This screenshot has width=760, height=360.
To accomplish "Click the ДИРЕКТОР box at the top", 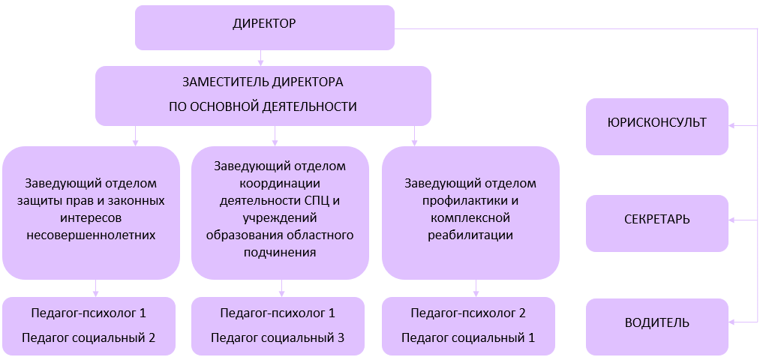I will point(264,27).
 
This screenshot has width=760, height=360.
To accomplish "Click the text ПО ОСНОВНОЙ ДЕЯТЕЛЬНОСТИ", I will point(263,106).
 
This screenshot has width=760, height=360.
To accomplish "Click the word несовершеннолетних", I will point(91,235).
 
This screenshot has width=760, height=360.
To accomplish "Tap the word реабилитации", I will point(471,235).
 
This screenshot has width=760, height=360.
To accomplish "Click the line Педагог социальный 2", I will point(89,337).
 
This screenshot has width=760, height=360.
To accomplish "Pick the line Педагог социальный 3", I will point(278,337).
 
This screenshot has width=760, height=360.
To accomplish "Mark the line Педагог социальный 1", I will point(468,337).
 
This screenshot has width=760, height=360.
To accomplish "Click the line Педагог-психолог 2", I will point(468,313).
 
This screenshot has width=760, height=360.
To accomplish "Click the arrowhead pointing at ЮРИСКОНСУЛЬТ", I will point(734,126).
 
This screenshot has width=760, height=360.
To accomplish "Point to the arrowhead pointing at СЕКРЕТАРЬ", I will point(734,220).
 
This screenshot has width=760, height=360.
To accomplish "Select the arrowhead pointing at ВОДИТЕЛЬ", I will point(734,322).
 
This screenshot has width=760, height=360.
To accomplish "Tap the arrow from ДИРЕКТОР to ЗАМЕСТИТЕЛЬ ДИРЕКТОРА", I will point(260,58).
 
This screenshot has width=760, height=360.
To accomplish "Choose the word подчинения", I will point(280,253).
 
